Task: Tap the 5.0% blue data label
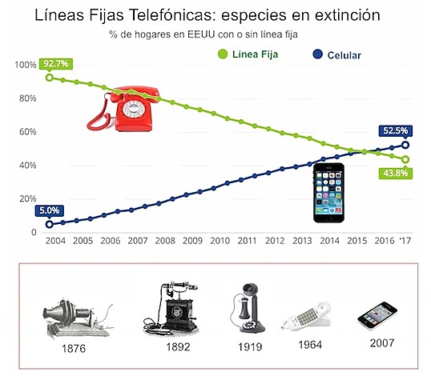click(x=48, y=211)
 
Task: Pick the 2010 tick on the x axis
click(x=220, y=240)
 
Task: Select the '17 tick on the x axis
click(x=406, y=240)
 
